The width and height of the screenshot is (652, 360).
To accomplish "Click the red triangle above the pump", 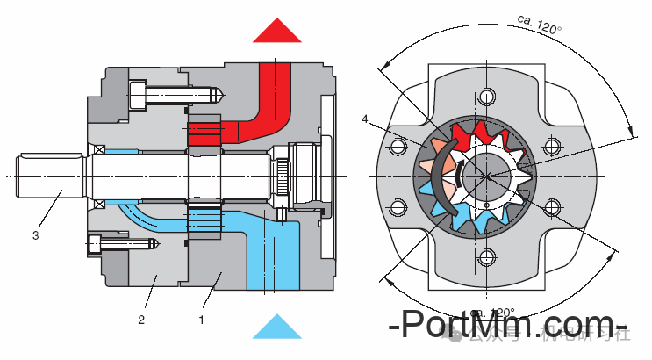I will [277, 30].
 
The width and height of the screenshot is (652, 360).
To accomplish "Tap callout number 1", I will [201, 320].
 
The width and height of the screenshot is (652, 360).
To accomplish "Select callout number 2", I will [140, 320].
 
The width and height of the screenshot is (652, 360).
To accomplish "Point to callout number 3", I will [35, 234].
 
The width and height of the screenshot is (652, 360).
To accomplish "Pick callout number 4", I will [365, 119].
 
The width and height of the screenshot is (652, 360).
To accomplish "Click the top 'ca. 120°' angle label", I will [540, 24].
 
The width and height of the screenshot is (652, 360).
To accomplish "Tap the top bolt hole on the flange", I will [484, 94].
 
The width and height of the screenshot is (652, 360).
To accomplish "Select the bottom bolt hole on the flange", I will [484, 258].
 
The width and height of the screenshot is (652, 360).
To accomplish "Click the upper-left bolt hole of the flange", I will [399, 145].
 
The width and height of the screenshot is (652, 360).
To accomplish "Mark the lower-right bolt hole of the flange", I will [552, 207].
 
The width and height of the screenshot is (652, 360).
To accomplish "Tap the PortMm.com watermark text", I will [509, 325].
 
